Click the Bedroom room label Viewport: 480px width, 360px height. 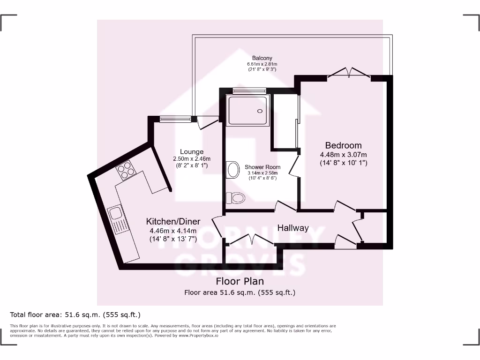coord(344,145)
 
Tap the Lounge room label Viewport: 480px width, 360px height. coord(192,151)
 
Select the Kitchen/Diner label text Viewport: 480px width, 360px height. coord(173,221)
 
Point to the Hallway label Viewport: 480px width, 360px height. coord(293,228)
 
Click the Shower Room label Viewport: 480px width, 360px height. coord(262,167)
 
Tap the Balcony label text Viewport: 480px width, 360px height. coord(262,58)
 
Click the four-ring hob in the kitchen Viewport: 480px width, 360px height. coord(126,170)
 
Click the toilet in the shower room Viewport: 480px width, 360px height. coord(236,198)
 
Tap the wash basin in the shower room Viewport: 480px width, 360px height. coord(231,170)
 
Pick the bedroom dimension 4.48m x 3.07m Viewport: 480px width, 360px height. coord(344,155)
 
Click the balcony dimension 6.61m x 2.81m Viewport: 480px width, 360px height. coord(262,64)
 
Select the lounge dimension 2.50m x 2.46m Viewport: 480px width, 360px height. coord(192,158)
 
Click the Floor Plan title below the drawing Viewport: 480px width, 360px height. coord(240,281)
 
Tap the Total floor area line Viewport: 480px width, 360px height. coord(75,315)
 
